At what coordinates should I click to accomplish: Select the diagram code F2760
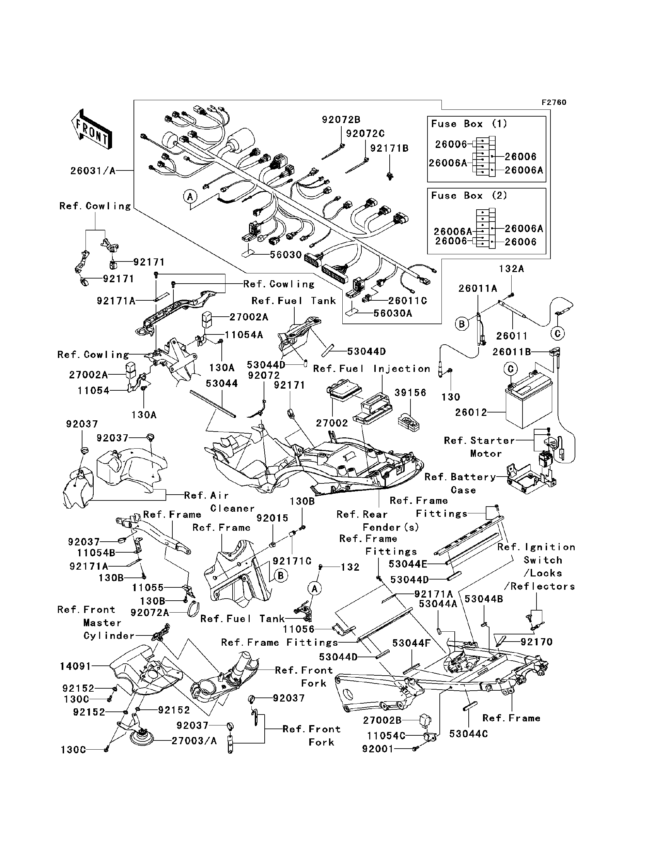(554, 103)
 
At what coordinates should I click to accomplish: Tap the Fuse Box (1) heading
(469, 124)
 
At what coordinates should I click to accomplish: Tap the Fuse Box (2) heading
(469, 196)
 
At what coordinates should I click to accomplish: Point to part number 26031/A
(93, 171)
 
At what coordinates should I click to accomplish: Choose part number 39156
(411, 393)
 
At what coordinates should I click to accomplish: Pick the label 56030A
(393, 313)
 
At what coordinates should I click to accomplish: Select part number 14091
(76, 666)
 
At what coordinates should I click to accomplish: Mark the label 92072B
(341, 120)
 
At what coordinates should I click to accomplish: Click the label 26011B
(512, 352)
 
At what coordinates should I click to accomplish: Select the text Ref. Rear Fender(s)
(378, 521)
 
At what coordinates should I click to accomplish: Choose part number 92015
(272, 518)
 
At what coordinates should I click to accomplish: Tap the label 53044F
(411, 643)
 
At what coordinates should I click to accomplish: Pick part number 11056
(299, 629)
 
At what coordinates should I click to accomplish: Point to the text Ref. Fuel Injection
(372, 369)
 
